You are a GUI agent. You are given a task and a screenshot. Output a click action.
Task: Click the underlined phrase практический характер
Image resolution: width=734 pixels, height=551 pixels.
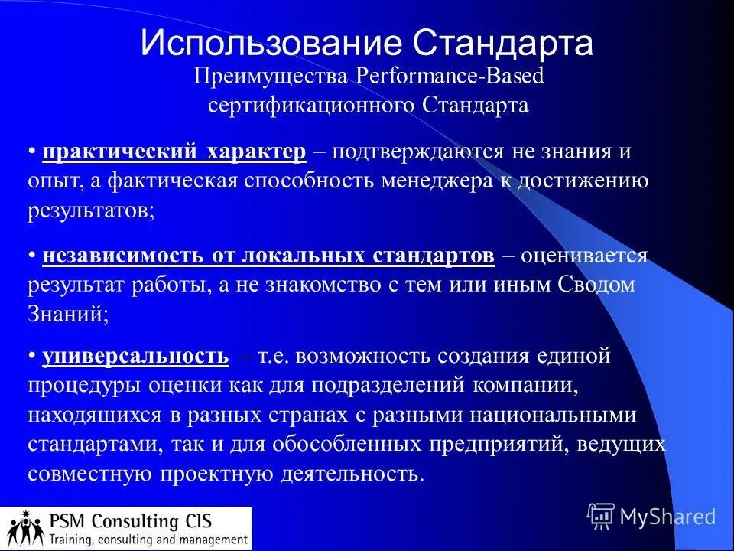[174, 152]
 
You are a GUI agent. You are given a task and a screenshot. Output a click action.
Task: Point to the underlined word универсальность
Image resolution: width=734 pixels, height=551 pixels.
[135, 356]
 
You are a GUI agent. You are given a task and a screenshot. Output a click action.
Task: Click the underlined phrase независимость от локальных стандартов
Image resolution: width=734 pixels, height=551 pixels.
[268, 256]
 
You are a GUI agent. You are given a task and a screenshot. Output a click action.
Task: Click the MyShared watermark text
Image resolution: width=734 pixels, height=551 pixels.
[667, 517]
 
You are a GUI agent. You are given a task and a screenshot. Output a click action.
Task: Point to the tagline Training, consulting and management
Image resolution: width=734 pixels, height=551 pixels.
[148, 540]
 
